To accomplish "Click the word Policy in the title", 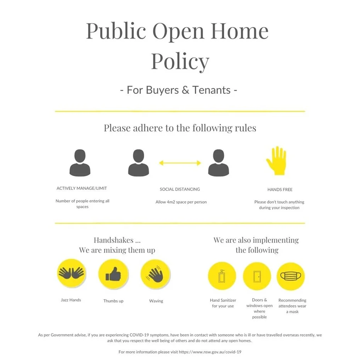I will coord(180,61).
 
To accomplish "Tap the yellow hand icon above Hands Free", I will coord(276,161).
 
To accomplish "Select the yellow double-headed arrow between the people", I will coord(180,163).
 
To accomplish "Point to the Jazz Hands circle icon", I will coord(71,273).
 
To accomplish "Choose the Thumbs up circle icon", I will coord(113,274).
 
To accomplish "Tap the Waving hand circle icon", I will coord(155,274).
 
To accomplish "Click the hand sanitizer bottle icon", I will coord(222,276).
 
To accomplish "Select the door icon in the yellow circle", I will coord(256,276).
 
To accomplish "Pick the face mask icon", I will coord(291,276).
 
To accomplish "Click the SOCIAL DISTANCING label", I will coord(180,189).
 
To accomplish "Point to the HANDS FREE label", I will coord(280,190).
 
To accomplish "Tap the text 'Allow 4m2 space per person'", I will coord(181,202).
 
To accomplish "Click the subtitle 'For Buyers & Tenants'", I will coord(178,90).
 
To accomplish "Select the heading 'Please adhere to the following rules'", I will coord(180,128).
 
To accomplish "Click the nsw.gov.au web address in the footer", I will coord(210,352).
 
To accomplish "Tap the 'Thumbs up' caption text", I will coord(113,301).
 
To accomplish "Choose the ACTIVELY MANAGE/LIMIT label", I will coord(82,188).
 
